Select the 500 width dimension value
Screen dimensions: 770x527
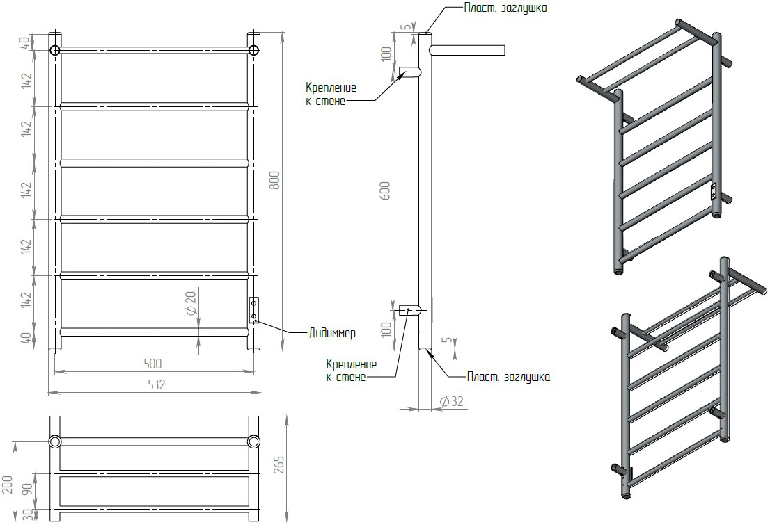click(x=152, y=364)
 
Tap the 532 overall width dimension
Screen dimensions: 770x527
click(x=156, y=385)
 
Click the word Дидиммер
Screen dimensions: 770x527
click(x=332, y=333)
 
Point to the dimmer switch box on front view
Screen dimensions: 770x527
click(x=254, y=310)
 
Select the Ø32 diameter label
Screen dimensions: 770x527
click(x=452, y=401)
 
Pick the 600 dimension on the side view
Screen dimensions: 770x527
click(x=386, y=190)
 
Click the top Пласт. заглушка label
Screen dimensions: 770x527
click(x=505, y=8)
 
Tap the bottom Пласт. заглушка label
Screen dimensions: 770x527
click(x=508, y=377)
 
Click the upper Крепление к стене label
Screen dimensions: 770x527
click(x=331, y=95)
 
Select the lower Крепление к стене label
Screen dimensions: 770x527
click(x=351, y=371)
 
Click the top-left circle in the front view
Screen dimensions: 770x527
click(x=54, y=50)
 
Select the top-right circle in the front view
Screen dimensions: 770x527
click(x=254, y=50)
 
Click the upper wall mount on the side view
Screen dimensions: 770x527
click(x=409, y=72)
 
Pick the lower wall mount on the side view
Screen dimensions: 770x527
click(x=409, y=310)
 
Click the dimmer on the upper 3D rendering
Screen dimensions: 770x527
click(x=714, y=191)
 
